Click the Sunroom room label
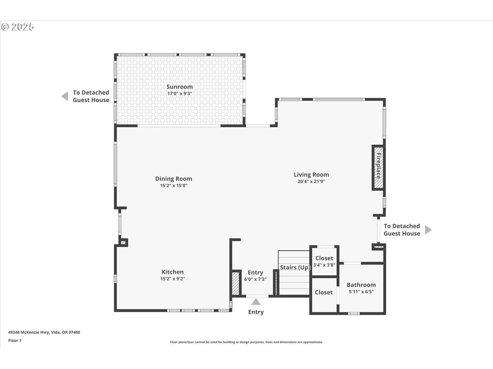[180, 86]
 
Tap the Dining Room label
[173, 179]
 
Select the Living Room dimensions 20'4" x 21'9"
[311, 181]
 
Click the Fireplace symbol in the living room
[378, 168]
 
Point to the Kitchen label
[173, 272]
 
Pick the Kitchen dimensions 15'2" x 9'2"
[173, 279]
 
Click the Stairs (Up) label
[295, 267]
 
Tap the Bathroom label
[361, 285]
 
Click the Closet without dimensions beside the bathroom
[324, 293]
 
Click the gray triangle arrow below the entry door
[256, 302]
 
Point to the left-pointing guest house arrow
[65, 96]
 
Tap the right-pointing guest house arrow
[428, 230]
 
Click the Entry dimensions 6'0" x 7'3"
[255, 279]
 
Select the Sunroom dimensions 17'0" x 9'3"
[180, 94]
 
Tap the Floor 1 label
[15, 341]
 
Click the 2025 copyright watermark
[18, 27]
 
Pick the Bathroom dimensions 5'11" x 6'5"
[361, 292]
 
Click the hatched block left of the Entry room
[235, 283]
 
